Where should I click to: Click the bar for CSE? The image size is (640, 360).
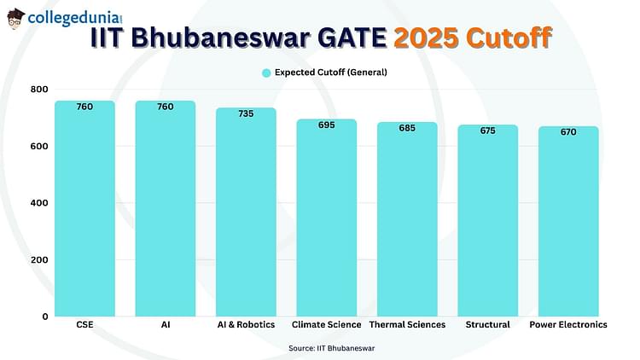pyautogui.click(x=84, y=208)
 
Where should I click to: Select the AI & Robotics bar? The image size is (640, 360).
pyautogui.click(x=246, y=212)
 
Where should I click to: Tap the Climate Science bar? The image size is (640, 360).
pyautogui.click(x=327, y=218)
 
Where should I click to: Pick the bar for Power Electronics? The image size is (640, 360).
pyautogui.click(x=568, y=221)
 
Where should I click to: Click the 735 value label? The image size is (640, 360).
pyautogui.click(x=246, y=113)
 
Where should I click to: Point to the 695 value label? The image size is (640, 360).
pyautogui.click(x=327, y=125)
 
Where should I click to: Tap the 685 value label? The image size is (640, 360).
pyautogui.click(x=407, y=128)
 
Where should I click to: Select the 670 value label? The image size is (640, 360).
pyautogui.click(x=568, y=132)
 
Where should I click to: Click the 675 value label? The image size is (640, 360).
pyautogui.click(x=488, y=131)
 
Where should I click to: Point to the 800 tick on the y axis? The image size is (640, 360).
pyautogui.click(x=39, y=90)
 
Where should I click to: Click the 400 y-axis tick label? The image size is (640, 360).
pyautogui.click(x=39, y=203)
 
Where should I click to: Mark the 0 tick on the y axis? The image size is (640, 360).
pyautogui.click(x=45, y=316)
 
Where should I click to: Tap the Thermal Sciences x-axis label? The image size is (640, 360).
pyautogui.click(x=407, y=325)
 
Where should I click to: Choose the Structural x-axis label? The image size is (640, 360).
pyautogui.click(x=488, y=325)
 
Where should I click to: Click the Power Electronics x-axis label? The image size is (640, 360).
pyautogui.click(x=568, y=325)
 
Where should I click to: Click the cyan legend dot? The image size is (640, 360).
pyautogui.click(x=266, y=73)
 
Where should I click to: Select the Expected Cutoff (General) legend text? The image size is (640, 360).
pyautogui.click(x=331, y=73)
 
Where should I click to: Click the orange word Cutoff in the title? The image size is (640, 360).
pyautogui.click(x=509, y=38)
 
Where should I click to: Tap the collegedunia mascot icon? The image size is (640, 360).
pyautogui.click(x=15, y=19)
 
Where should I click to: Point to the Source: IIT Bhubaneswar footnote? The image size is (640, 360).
pyautogui.click(x=331, y=349)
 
